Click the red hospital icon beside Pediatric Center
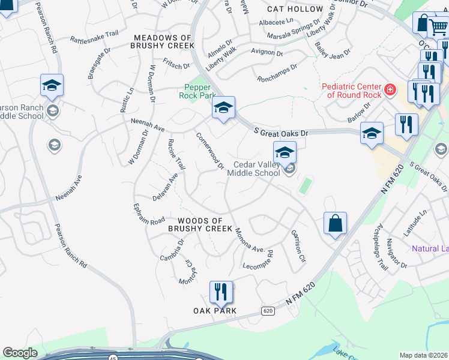390,90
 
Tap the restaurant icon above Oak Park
221,292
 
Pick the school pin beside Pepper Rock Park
223,109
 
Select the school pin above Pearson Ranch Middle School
52,86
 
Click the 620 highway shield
268,311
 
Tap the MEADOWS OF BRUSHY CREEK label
164,41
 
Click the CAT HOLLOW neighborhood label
295,9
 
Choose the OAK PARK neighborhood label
215,311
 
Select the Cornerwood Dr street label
210,151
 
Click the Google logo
20,353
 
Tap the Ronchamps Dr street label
277,73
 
